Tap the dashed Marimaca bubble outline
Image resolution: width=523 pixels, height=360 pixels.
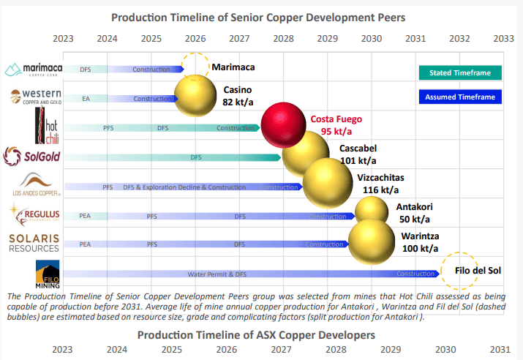[195, 68]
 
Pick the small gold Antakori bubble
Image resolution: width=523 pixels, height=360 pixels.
[371, 212]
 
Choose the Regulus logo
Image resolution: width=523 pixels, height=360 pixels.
[31, 214]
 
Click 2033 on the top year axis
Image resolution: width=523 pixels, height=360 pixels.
[503, 37]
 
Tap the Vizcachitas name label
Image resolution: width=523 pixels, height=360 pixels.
[380, 178]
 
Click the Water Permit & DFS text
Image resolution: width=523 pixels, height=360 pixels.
[217, 274]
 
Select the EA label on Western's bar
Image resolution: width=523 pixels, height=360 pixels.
[86, 99]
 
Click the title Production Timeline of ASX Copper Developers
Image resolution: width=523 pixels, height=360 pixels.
[257, 334]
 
